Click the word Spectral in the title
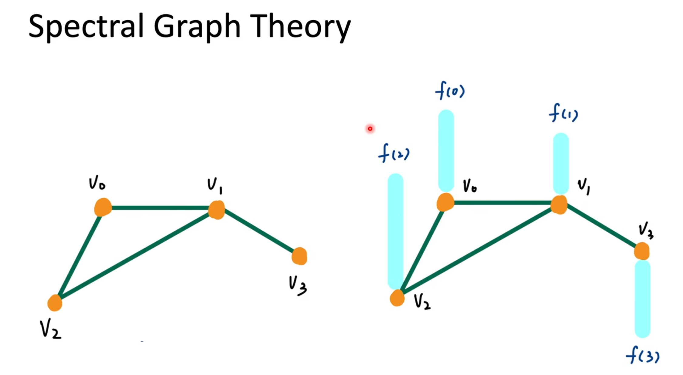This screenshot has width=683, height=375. click(86, 27)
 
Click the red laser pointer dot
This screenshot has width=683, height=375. click(370, 129)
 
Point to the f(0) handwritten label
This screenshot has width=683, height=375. click(450, 90)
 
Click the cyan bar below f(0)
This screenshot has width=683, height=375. click(446, 150)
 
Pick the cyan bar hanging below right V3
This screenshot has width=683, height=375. click(643, 299)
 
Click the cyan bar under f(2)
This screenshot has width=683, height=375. click(395, 231)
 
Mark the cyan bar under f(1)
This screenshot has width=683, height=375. click(561, 163)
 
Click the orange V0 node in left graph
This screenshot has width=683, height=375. click(103, 207)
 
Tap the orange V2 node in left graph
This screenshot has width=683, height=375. click(55, 303)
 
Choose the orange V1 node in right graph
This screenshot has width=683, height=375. click(559, 205)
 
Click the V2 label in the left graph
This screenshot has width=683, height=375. click(50, 330)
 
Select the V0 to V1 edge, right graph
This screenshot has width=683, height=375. click(503, 203)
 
